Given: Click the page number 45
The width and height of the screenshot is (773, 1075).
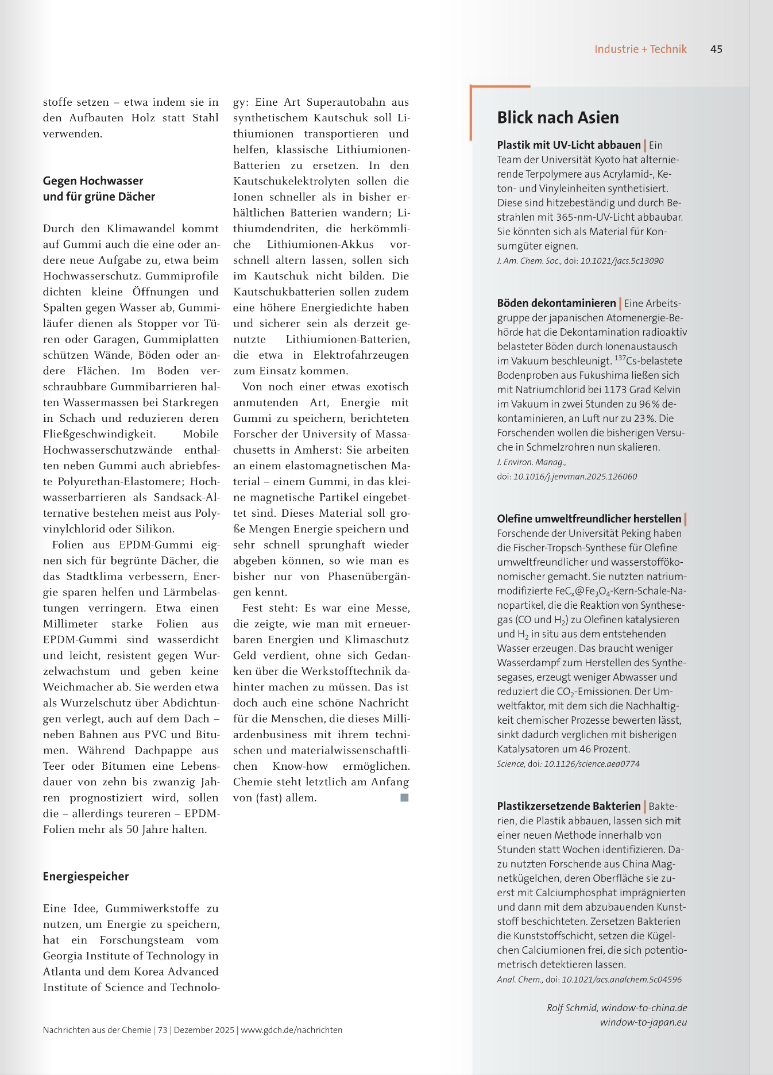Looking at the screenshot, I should click(x=716, y=49).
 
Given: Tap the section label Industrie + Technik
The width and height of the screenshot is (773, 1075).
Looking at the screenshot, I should click(x=640, y=49).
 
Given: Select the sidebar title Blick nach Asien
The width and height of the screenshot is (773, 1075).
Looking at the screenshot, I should click(x=558, y=118).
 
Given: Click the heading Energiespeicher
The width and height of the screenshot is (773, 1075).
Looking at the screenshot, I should click(x=86, y=876).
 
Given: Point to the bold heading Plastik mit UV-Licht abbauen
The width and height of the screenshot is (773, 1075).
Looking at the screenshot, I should click(x=569, y=145).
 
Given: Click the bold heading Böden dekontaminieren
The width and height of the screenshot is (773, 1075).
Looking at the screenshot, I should click(x=556, y=303).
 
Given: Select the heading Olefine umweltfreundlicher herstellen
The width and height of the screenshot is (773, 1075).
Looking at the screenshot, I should click(x=589, y=519).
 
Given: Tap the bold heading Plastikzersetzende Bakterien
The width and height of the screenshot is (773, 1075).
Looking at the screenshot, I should click(x=569, y=806).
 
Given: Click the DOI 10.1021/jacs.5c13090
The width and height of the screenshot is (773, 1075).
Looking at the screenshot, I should click(x=622, y=261).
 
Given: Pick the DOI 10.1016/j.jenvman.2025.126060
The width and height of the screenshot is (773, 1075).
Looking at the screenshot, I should click(x=575, y=477).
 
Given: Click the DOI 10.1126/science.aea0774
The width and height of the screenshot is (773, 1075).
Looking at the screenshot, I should click(x=592, y=764).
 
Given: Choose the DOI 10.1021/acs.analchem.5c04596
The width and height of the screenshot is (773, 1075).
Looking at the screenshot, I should click(x=621, y=980).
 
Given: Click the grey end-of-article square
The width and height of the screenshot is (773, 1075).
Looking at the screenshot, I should click(x=404, y=797).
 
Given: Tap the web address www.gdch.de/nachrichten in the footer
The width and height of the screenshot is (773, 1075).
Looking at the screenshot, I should click(x=291, y=1030).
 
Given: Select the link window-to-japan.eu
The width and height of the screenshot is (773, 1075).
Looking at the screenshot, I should click(x=643, y=1022).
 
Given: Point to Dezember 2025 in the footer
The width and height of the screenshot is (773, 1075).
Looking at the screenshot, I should click(x=204, y=1030).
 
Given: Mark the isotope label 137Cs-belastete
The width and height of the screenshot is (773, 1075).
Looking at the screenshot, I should click(x=648, y=361).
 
